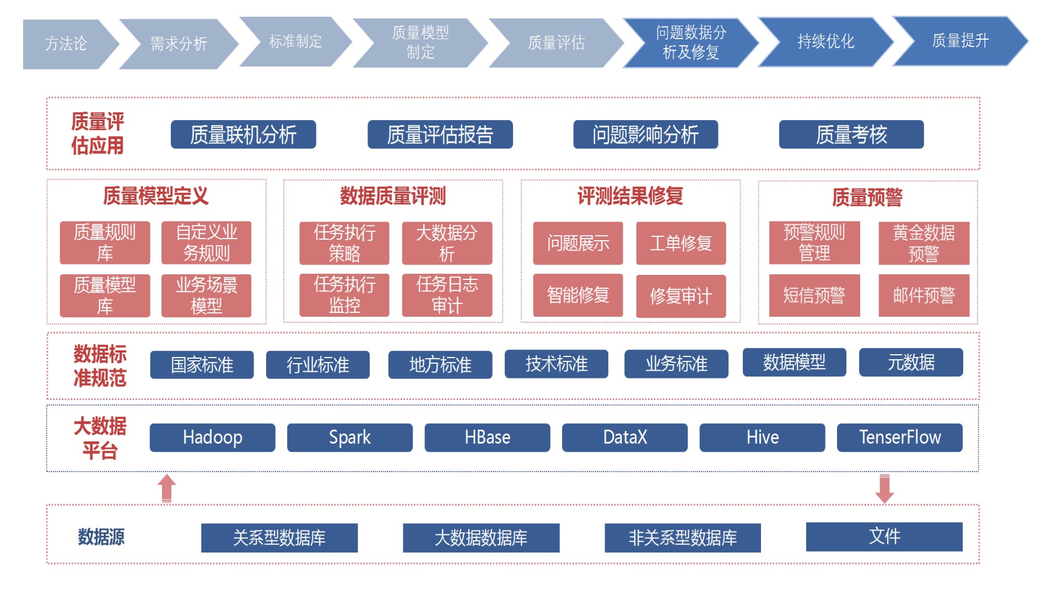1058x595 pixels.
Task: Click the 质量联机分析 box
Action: pyautogui.click(x=243, y=134)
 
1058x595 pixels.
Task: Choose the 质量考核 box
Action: pyautogui.click(x=851, y=134)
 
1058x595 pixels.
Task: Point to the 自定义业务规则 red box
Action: pyautogui.click(x=206, y=243)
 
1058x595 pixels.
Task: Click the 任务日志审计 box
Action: pyautogui.click(x=447, y=295)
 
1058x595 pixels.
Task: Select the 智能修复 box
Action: pyautogui.click(x=578, y=295)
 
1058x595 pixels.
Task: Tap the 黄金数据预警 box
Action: pyautogui.click(x=924, y=243)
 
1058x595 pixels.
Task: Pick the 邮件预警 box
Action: pyautogui.click(x=924, y=295)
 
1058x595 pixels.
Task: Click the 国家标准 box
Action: pyautogui.click(x=202, y=365)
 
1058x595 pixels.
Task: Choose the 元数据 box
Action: pyautogui.click(x=911, y=363)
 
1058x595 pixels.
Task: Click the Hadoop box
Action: pyautogui.click(x=212, y=437)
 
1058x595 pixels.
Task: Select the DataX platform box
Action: pyautogui.click(x=625, y=437)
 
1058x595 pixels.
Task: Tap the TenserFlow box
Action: pyautogui.click(x=900, y=437)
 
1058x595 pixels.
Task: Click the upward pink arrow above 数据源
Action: pyautogui.click(x=167, y=488)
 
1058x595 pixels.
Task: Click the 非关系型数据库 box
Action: pyautogui.click(x=683, y=538)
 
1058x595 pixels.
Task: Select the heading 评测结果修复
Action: pyautogui.click(x=630, y=196)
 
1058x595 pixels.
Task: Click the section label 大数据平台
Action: pyautogui.click(x=100, y=439)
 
